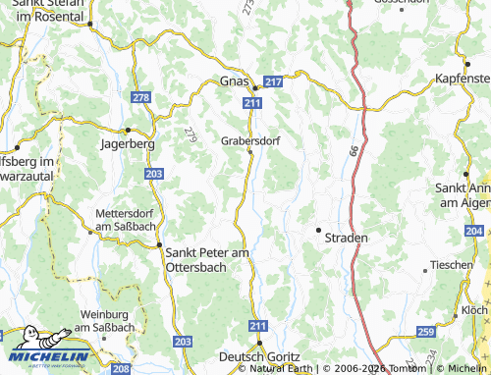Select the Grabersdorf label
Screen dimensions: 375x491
pos(250,140)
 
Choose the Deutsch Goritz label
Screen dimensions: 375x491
pos(256,358)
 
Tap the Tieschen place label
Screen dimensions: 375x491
pos(452,266)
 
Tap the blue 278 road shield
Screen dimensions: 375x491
pos(141,97)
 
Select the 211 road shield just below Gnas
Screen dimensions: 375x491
pos(253,101)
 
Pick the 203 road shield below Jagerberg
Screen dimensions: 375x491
pos(154,173)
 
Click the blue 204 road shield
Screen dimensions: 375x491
pos(474,231)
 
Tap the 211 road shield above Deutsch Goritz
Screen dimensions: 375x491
pos(257,325)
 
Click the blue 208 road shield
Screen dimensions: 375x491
pos(121,369)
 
